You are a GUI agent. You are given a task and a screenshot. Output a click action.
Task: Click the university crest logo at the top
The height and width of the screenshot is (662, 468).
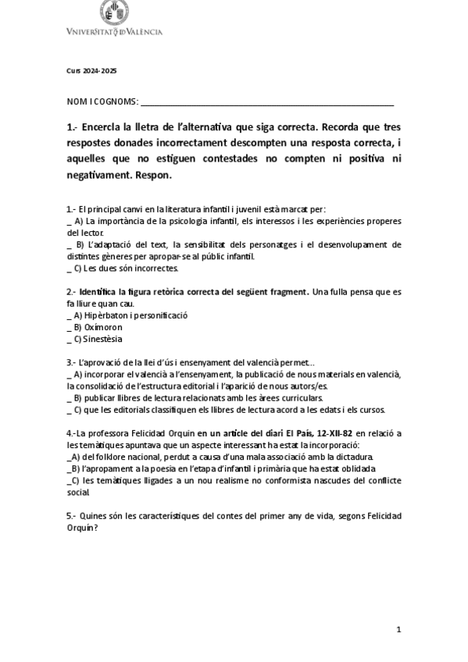coord(115,12)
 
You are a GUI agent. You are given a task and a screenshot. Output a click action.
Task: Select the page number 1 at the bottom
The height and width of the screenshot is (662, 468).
coord(398,628)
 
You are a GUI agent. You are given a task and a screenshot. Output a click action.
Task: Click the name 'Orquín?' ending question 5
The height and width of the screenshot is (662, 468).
coord(82,527)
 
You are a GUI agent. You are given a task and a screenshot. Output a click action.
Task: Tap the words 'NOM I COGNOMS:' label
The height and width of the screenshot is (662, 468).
coord(102,101)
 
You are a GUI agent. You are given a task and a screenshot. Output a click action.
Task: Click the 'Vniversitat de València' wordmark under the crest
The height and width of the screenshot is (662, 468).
coord(115,32)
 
